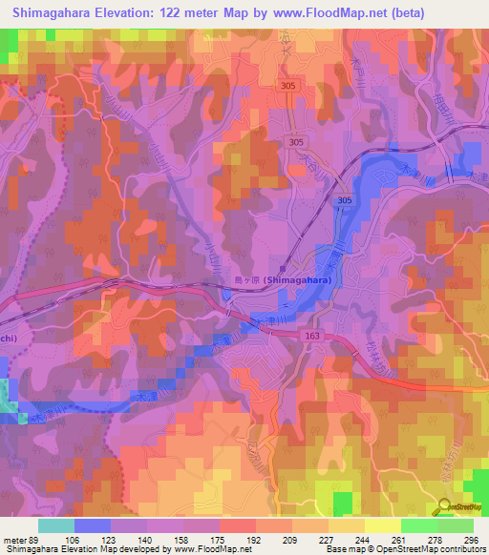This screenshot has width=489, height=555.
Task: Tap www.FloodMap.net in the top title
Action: [x=330, y=13]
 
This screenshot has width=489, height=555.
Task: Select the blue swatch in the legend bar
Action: [x=93, y=525]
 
